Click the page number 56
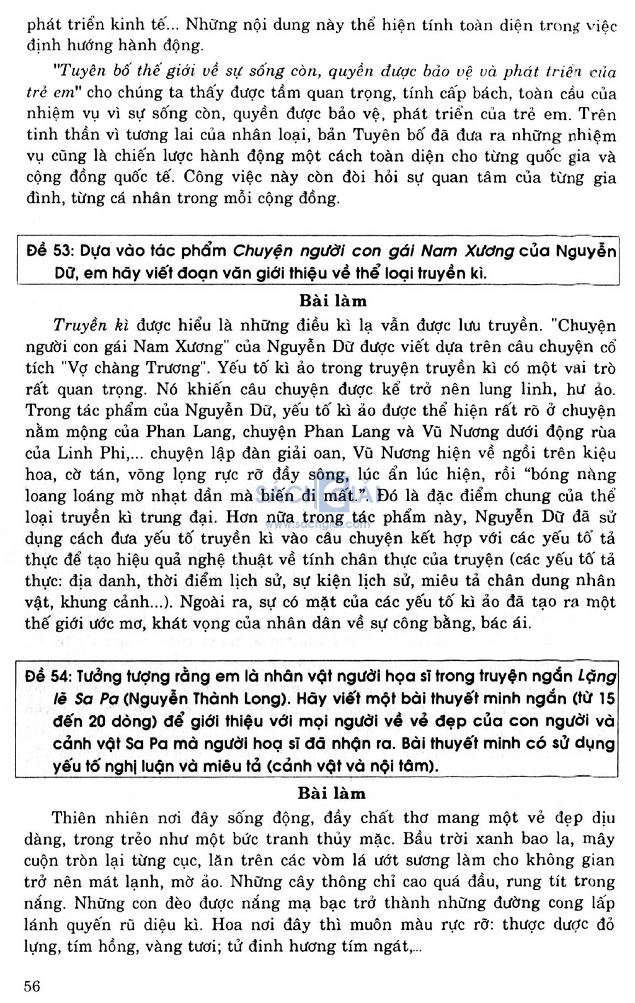click(32, 986)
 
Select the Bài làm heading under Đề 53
click(332, 301)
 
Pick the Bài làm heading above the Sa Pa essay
click(332, 793)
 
